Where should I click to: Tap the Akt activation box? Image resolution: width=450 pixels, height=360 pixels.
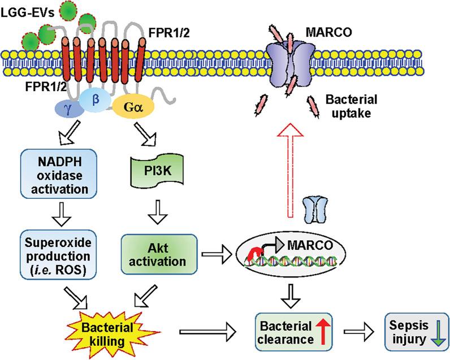[159, 255]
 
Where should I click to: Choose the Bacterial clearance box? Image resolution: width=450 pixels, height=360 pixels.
[291, 329]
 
